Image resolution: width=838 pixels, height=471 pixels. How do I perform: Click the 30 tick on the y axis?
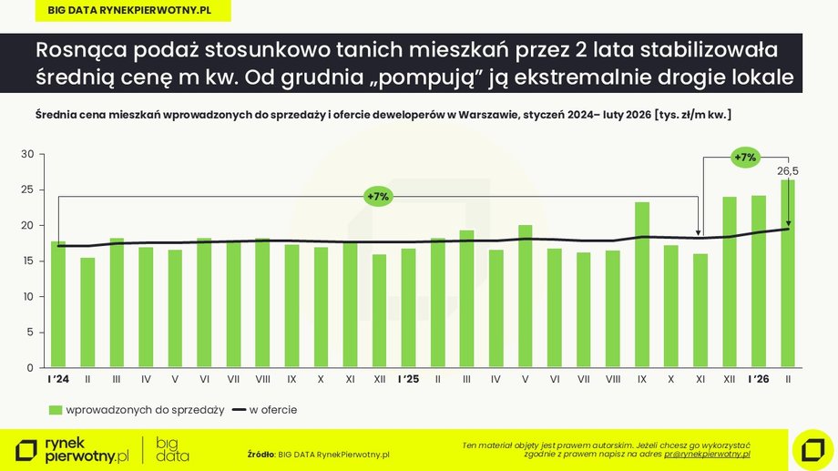click(27, 155)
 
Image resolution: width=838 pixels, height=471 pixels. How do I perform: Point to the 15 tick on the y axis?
click(27, 261)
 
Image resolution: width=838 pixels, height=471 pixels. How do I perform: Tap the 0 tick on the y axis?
click(30, 368)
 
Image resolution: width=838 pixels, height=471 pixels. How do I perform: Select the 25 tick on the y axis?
click(27, 190)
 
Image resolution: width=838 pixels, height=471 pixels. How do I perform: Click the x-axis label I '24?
click(58, 378)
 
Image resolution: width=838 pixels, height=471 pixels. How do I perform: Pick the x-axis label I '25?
click(408, 378)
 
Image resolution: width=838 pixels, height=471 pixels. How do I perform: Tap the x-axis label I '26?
click(758, 378)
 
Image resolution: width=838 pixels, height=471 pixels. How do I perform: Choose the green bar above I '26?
click(758, 282)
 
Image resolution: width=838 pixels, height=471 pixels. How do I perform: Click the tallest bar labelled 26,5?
click(787, 274)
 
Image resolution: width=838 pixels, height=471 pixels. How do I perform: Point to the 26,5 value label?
click(787, 170)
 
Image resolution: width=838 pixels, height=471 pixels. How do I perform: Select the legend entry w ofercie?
click(265, 410)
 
